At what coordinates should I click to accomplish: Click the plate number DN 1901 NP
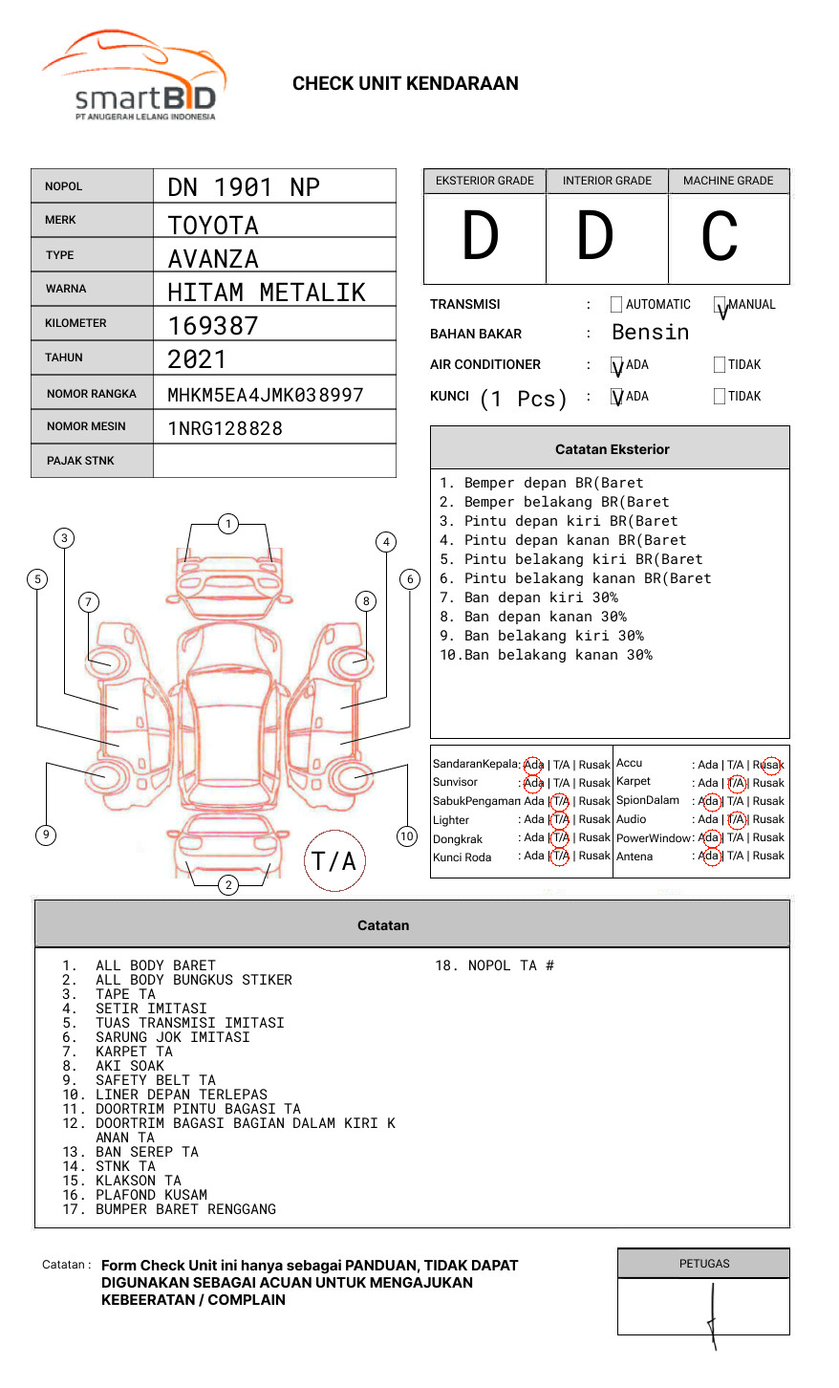tap(244, 187)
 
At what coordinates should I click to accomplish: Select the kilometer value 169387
tap(213, 326)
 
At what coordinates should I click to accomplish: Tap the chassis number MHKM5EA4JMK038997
tap(266, 395)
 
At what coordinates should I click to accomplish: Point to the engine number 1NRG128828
tap(226, 428)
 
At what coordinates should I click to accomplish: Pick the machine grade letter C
tap(720, 237)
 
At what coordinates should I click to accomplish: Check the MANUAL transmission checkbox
tap(720, 305)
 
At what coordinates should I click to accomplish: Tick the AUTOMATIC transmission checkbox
tap(616, 305)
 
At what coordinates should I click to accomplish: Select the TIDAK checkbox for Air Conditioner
tap(720, 364)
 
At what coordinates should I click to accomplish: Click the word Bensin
tap(650, 333)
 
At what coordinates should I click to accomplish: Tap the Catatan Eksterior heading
tap(612, 449)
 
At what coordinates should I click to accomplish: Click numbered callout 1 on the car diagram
tap(227, 523)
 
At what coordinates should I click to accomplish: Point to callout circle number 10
tap(407, 836)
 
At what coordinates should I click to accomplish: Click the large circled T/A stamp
tap(334, 861)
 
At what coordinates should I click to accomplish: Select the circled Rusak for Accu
tap(769, 765)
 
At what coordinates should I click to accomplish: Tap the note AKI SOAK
tap(130, 1066)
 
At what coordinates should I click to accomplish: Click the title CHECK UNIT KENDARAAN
tap(405, 84)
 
